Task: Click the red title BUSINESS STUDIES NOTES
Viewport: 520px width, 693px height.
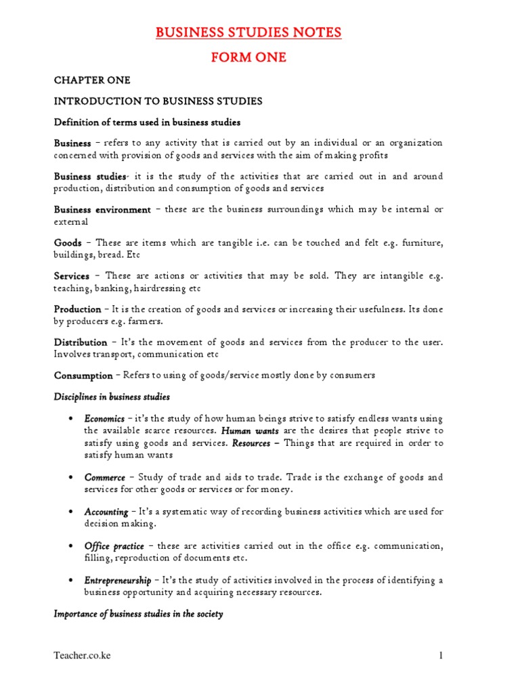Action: pos(248,32)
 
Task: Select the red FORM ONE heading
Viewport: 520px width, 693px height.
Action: pos(248,58)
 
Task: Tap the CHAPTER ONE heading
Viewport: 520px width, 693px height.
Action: pos(92,80)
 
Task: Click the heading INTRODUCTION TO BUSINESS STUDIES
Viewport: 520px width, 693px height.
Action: pos(158,102)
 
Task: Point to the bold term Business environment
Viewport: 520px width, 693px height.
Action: pos(102,210)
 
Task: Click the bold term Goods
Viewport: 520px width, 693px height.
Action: pos(68,242)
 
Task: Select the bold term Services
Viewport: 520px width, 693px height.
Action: pos(72,276)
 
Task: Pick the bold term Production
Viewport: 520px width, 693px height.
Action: pos(77,309)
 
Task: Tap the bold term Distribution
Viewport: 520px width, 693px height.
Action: pos(81,342)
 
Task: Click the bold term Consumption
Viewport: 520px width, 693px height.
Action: pos(83,376)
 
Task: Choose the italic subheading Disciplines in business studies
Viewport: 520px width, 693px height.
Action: pos(112,397)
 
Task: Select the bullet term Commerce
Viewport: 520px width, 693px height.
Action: pos(104,478)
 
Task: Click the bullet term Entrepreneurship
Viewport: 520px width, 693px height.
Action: pos(117,580)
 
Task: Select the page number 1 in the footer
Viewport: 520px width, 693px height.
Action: pos(440,656)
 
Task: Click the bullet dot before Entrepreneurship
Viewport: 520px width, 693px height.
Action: pos(71,580)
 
